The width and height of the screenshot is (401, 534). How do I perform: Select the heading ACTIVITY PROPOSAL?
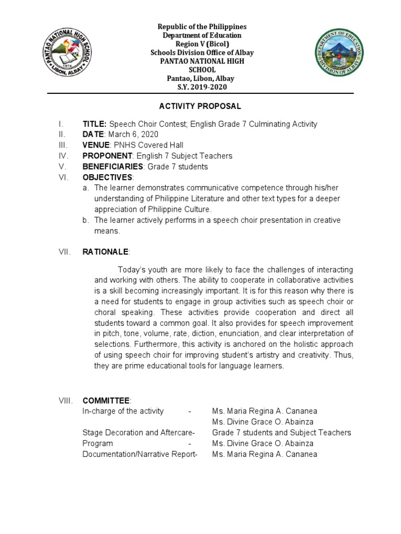[x=200, y=106]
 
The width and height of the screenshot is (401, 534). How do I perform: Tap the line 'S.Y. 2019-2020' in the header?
[x=200, y=87]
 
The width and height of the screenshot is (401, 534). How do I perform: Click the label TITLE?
[x=95, y=124]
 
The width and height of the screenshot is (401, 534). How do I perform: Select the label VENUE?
[x=96, y=145]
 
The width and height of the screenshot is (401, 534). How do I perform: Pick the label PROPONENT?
[x=107, y=156]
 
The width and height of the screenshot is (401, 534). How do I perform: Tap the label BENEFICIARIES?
[x=113, y=167]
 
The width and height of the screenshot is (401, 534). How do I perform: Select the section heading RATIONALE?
[x=105, y=252]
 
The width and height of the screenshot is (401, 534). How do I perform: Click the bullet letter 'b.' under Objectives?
[x=86, y=220]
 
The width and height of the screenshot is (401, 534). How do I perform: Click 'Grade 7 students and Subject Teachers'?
[x=281, y=433]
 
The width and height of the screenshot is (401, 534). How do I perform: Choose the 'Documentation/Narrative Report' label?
[x=139, y=454]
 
